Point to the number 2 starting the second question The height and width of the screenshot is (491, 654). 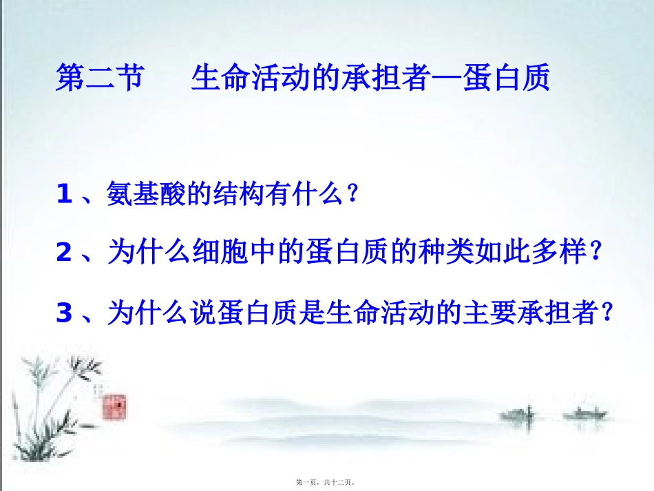65,254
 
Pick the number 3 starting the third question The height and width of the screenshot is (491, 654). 65,313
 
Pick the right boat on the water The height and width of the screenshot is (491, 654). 584,415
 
